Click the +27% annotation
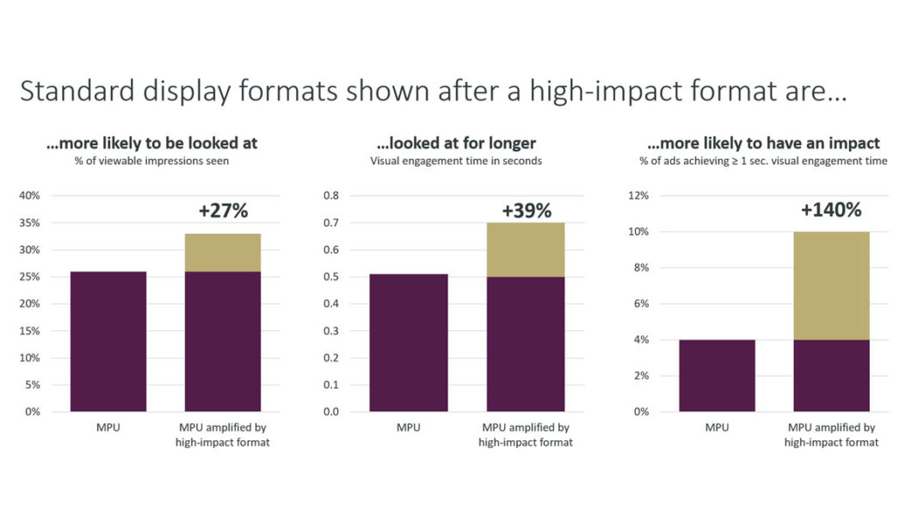(x=223, y=212)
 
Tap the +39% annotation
(x=526, y=211)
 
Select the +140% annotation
(x=830, y=210)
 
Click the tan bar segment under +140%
(x=831, y=286)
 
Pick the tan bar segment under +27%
(x=223, y=252)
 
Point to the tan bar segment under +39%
(x=526, y=249)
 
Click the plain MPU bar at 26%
(x=108, y=341)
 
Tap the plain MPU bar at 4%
(x=717, y=375)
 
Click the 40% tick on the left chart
(x=30, y=196)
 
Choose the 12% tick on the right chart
(x=639, y=196)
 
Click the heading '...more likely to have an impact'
(x=763, y=144)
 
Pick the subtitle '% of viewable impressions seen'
(x=151, y=161)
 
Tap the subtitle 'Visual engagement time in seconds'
(x=456, y=161)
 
